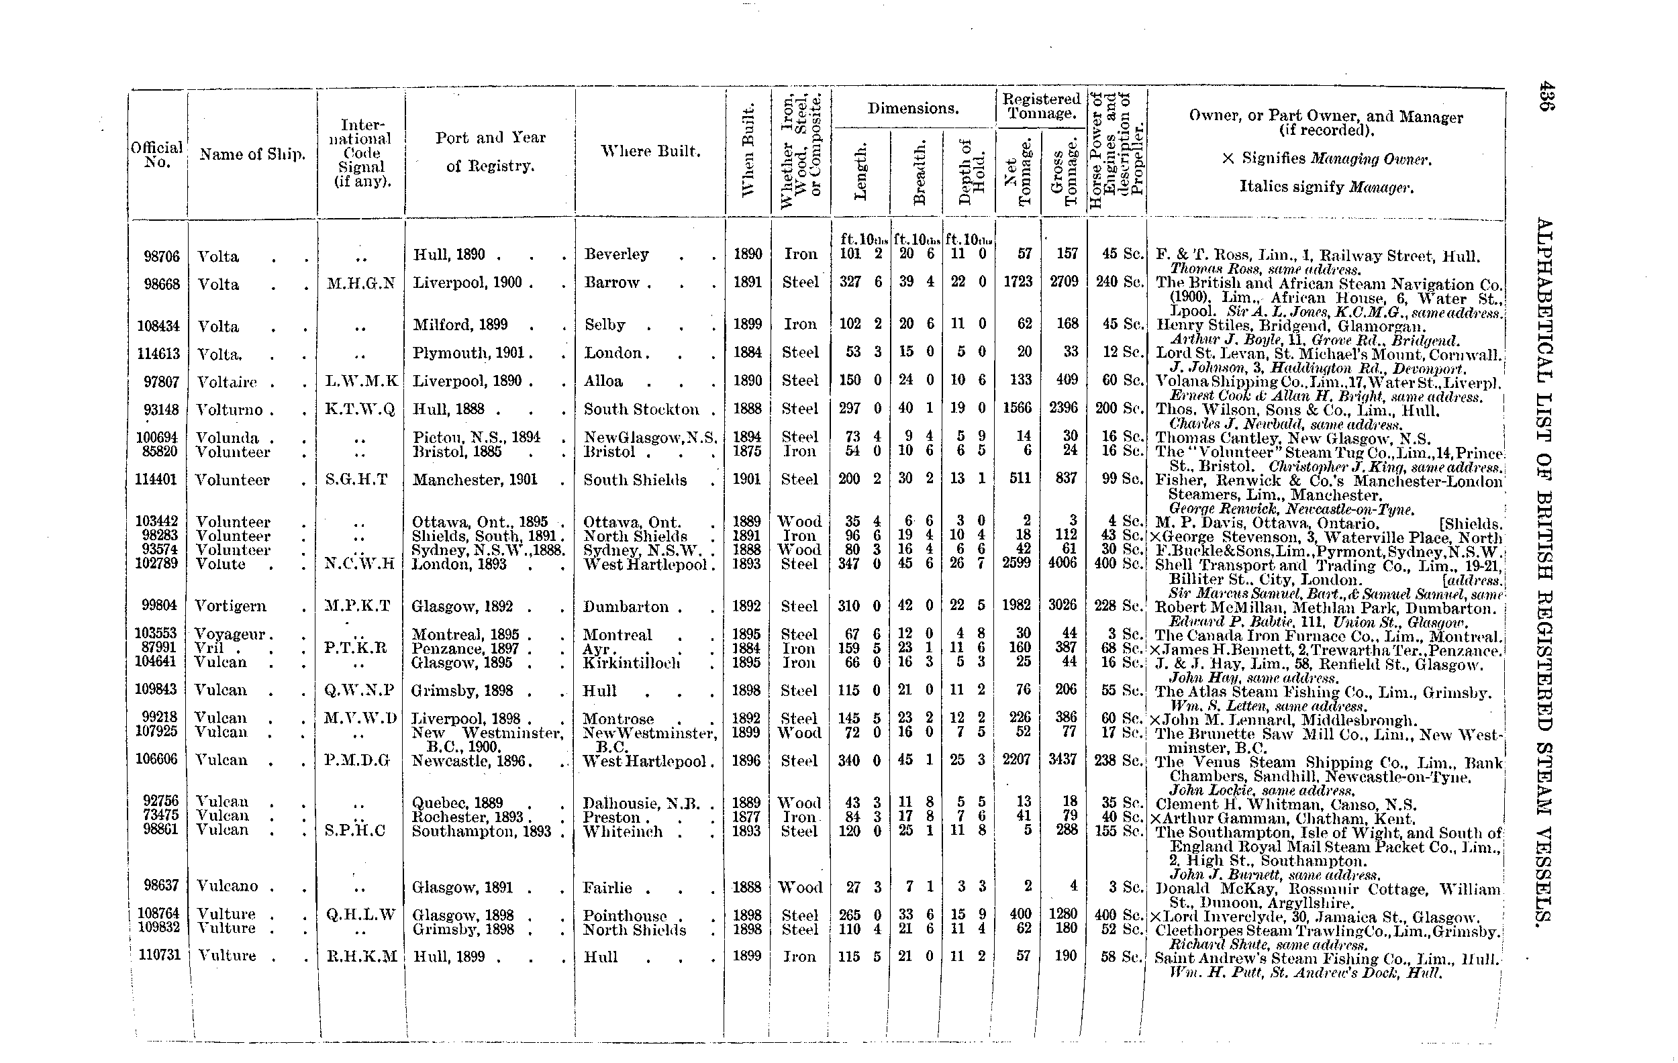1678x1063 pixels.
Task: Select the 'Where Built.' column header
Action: coord(650,152)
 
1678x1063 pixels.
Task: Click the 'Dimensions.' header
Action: coord(913,109)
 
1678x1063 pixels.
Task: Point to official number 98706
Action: coord(162,256)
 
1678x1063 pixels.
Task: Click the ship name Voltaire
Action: coord(226,382)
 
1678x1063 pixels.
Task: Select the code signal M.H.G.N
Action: coord(361,283)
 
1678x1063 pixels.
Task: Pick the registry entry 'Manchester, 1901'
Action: coord(475,479)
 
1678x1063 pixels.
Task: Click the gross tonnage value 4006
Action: coord(1063,563)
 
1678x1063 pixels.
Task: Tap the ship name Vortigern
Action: coord(231,606)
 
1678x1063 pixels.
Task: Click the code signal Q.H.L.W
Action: coord(361,914)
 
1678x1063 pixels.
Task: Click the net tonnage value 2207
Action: coord(1016,759)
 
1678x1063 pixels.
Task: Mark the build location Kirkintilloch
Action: coord(632,662)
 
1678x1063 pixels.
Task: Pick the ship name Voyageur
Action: coord(230,635)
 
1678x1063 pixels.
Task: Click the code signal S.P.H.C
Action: coord(360,830)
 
